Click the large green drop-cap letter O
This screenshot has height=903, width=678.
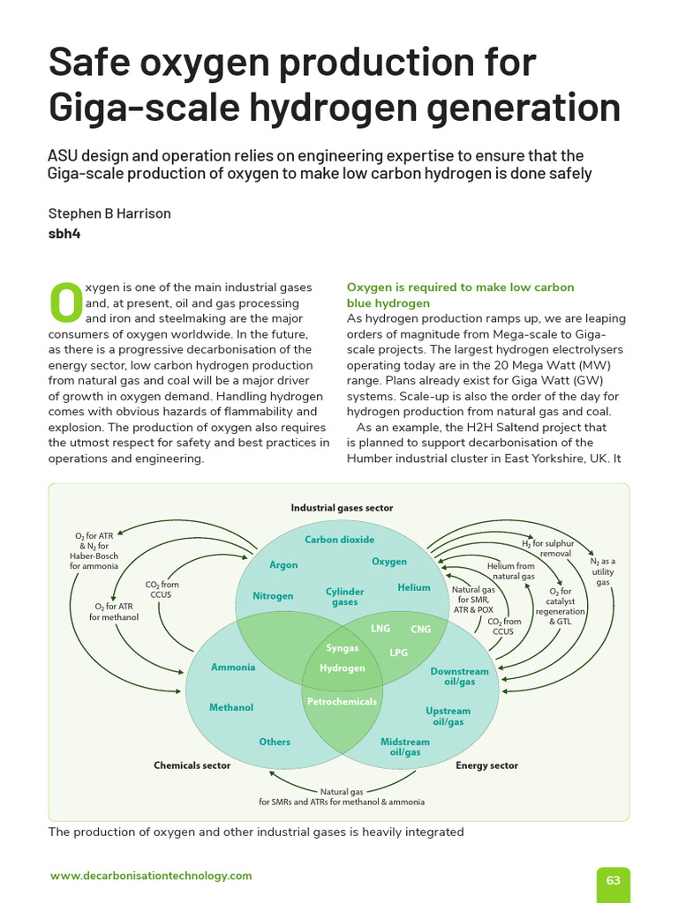click(x=64, y=302)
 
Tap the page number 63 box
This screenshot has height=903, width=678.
click(x=614, y=880)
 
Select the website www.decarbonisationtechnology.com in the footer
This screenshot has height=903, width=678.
click(x=151, y=876)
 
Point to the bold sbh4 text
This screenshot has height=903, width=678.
click(x=64, y=234)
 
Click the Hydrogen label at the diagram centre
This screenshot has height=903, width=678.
click(x=343, y=668)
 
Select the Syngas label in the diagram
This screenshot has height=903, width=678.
click(x=343, y=648)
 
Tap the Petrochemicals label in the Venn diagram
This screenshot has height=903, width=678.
click(x=342, y=702)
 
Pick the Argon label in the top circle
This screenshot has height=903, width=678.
click(x=283, y=565)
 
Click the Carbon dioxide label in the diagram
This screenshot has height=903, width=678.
click(x=340, y=540)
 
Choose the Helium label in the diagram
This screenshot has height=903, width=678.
click(x=414, y=587)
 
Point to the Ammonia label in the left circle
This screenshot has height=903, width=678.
click(x=233, y=668)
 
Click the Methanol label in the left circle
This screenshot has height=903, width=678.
click(x=231, y=707)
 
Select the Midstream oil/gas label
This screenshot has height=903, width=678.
click(x=405, y=748)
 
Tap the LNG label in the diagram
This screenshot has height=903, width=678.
click(x=380, y=629)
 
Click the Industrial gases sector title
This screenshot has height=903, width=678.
click(x=343, y=508)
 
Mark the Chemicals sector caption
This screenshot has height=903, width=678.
click(x=192, y=765)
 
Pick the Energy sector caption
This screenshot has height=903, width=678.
click(x=486, y=765)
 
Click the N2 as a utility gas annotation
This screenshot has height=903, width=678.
click(x=603, y=571)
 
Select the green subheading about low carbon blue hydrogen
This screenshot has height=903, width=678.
click(x=460, y=295)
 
